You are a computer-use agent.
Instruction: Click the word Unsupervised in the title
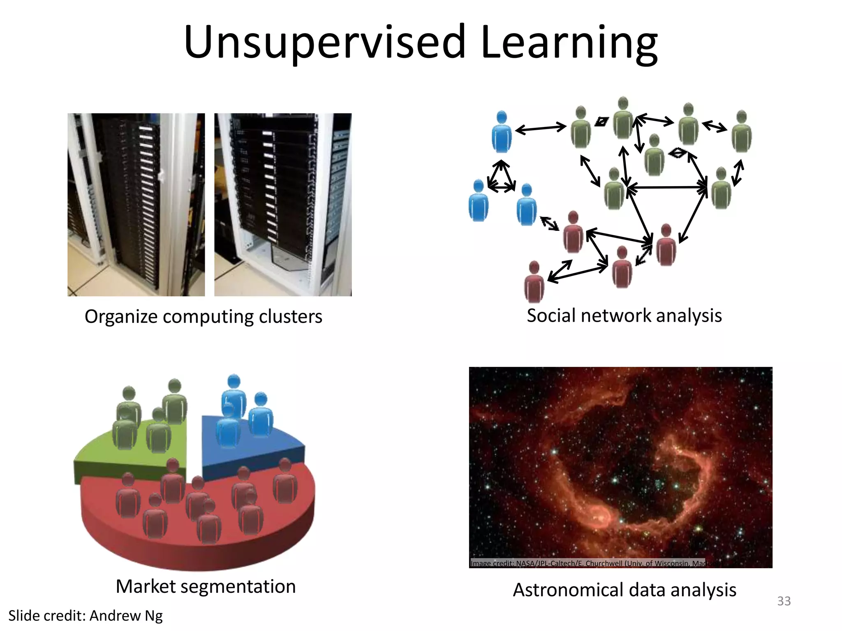pos(325,42)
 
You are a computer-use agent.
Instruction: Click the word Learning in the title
pos(569,42)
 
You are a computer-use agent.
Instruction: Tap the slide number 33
pos(784,601)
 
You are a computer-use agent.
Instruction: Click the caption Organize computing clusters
pos(203,317)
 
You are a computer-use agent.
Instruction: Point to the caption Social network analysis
pos(624,315)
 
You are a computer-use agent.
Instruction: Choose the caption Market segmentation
pos(206,586)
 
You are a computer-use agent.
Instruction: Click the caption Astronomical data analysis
pos(624,590)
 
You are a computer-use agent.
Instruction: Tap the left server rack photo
pos(136,205)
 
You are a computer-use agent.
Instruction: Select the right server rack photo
pos(283,205)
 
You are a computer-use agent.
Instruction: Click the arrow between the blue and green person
pos(541,129)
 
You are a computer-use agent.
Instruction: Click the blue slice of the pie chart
pos(284,452)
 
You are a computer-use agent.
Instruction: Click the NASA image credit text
pos(588,563)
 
